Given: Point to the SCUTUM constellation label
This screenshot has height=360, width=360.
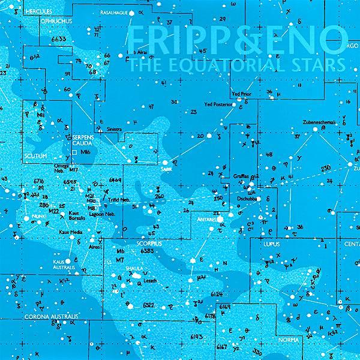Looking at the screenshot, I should tap(32, 155).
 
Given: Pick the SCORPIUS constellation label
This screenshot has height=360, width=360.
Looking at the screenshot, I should tap(148, 244).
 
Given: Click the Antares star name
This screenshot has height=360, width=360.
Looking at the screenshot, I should tap(206, 221).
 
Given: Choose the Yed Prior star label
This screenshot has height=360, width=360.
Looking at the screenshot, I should tap(243, 95).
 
